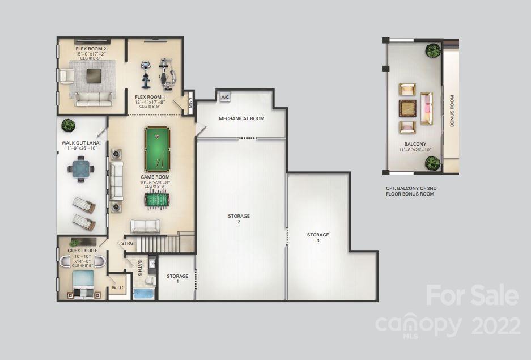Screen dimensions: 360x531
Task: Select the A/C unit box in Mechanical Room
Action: pyautogui.click(x=224, y=97)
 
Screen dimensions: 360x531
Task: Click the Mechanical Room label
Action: pyautogui.click(x=241, y=118)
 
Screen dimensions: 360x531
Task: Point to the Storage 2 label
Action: pyautogui.click(x=239, y=219)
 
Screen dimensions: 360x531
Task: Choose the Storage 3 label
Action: pyautogui.click(x=318, y=238)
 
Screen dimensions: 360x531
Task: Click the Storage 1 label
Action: pyautogui.click(x=177, y=279)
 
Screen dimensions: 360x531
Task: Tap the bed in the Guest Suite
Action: pyautogui.click(x=83, y=283)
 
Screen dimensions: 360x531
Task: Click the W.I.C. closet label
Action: pyautogui.click(x=118, y=287)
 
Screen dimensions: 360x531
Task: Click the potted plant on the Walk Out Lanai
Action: pyautogui.click(x=68, y=124)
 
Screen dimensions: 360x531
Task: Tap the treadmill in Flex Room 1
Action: pyautogui.click(x=145, y=75)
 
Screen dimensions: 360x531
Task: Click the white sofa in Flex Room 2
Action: pyautogui.click(x=94, y=99)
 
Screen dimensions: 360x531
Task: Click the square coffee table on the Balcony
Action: pyautogui.click(x=407, y=108)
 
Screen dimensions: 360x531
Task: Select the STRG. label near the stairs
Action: pyautogui.click(x=128, y=243)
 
